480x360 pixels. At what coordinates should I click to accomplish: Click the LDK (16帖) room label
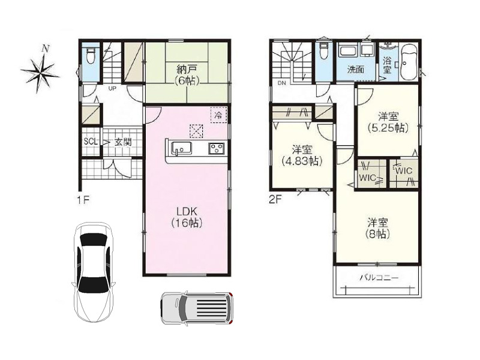(x=187, y=217)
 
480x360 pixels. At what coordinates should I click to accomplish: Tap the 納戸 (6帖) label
(x=187, y=74)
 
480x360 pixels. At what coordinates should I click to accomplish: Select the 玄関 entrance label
(x=123, y=142)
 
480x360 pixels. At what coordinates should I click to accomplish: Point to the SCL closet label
(x=91, y=142)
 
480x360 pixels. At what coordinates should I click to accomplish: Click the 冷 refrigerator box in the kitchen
(x=218, y=115)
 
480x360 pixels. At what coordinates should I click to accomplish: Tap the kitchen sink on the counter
(x=181, y=148)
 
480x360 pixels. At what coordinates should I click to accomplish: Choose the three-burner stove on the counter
(x=217, y=149)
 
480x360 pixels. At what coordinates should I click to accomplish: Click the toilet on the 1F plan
(x=91, y=55)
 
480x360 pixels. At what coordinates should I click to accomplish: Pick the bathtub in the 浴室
(x=408, y=62)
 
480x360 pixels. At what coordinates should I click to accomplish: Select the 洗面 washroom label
(x=355, y=70)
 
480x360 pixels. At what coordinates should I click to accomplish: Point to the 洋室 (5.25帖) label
(x=388, y=122)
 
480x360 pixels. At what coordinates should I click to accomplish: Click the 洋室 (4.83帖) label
(x=302, y=155)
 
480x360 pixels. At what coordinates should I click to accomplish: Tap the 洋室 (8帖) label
(x=378, y=228)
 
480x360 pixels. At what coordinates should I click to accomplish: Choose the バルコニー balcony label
(x=379, y=278)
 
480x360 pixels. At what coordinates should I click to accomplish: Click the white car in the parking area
(x=94, y=272)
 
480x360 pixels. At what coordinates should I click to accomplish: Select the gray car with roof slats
(x=197, y=307)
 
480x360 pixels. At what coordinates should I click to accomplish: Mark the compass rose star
(x=40, y=71)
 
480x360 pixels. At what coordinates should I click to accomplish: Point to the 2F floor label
(x=275, y=200)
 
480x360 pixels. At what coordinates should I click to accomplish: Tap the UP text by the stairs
(x=112, y=89)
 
